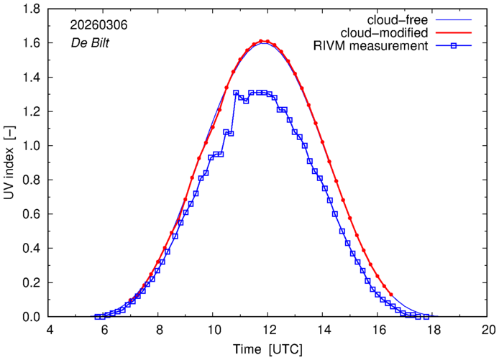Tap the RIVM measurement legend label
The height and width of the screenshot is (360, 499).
[x=373, y=47]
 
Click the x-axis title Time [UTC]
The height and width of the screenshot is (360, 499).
[x=267, y=349]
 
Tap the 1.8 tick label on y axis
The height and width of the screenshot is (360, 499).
[x=31, y=9]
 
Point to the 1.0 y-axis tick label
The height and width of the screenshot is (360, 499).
[x=31, y=146]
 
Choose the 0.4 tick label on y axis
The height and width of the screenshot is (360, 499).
[x=31, y=249]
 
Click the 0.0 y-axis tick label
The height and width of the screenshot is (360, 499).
[x=31, y=317]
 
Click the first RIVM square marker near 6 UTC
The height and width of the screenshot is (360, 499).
[x=97, y=317]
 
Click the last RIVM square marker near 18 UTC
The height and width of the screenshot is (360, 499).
[x=426, y=317]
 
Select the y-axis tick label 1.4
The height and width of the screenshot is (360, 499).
[x=31, y=78]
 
